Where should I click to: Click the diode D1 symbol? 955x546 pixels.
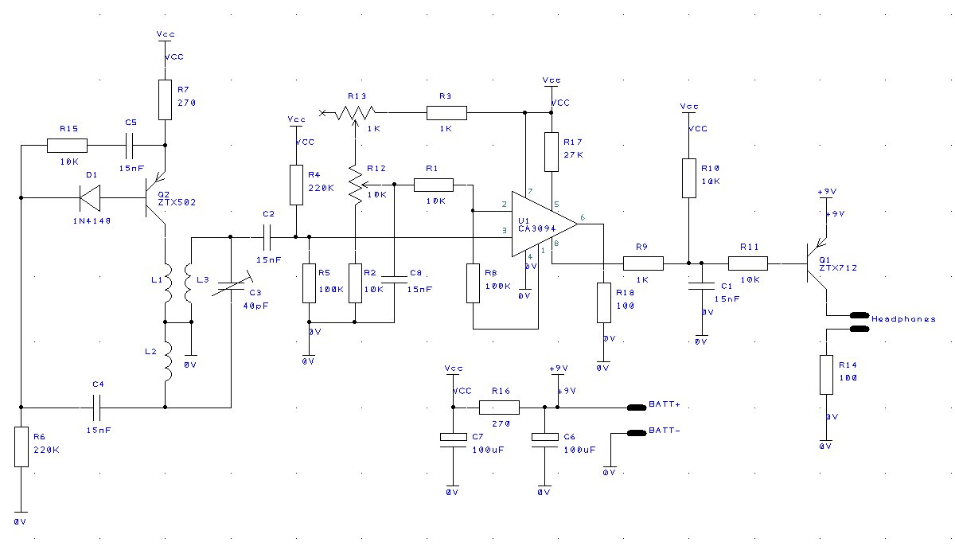[x=91, y=197]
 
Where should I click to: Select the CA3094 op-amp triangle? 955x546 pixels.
[x=544, y=224]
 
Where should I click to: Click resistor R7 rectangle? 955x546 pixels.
[x=165, y=99]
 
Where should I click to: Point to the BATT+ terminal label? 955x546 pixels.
[x=665, y=404]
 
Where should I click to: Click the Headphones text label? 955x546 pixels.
[x=903, y=319]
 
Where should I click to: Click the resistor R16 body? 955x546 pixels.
[x=499, y=408]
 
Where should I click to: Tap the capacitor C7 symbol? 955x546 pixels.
[x=453, y=440]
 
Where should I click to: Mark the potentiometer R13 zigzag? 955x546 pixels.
[x=356, y=112]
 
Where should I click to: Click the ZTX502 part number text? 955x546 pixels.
[x=177, y=202]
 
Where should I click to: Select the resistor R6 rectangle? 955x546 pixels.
[x=21, y=447]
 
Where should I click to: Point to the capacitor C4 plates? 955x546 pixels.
[x=97, y=408]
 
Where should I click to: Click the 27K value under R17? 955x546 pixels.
[x=574, y=154]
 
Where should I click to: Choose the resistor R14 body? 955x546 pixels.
[x=826, y=375]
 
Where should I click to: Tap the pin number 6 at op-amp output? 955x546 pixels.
[x=583, y=218]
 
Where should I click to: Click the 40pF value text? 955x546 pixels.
[x=255, y=306]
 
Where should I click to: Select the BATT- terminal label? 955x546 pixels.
[x=665, y=430]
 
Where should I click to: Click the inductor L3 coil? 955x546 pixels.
[x=188, y=283]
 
